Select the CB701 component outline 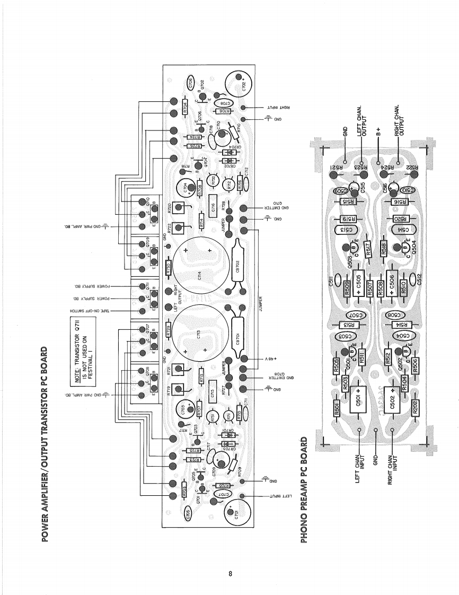[x=238, y=340]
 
